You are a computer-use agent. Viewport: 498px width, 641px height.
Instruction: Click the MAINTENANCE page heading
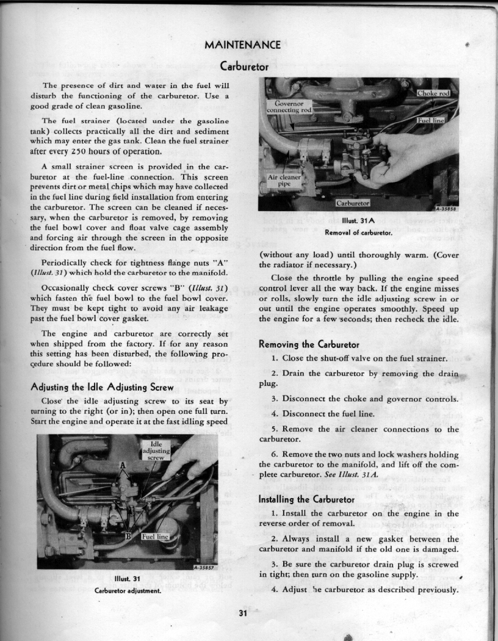243,45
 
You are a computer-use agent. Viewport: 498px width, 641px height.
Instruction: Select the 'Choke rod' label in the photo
433,93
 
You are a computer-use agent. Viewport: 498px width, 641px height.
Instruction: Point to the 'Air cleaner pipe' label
284,179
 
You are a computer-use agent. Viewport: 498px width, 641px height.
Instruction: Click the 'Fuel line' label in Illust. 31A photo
431,120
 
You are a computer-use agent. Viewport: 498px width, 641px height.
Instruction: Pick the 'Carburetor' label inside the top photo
353,202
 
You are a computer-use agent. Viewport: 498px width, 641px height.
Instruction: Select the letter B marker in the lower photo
129,536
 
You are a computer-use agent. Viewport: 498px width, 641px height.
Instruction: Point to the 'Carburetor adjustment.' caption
128,590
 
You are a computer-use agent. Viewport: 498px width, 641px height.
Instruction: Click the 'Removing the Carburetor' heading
309,344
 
